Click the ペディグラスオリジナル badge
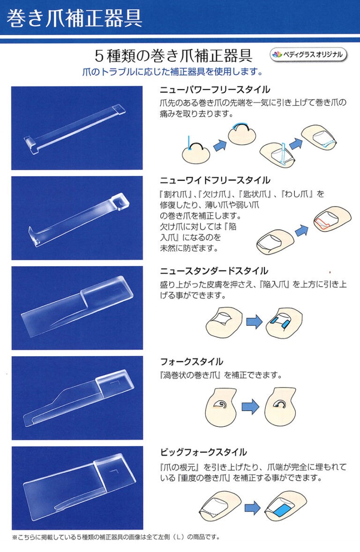[308, 55]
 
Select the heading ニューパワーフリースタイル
[215, 90]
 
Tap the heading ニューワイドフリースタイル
[215, 180]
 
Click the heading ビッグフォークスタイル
[203, 452]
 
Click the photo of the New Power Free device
[77, 128]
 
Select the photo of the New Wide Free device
[77, 218]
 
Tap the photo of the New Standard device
[77, 308]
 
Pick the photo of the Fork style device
[77, 398]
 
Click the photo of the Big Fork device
[77, 488]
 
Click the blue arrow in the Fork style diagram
[250, 406]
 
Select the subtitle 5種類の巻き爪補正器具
[174, 56]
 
